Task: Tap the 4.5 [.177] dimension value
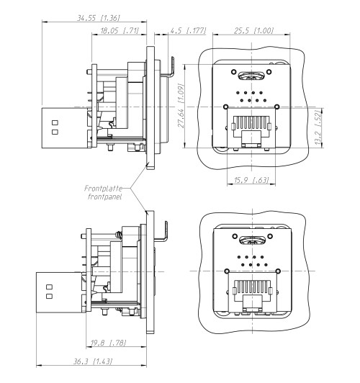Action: (185, 31)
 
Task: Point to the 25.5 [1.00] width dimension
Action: (252, 31)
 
